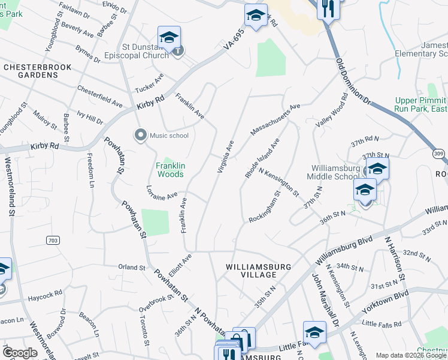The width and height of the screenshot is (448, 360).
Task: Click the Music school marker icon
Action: coord(141,135)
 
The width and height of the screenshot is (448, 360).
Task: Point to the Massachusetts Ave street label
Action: coord(275,119)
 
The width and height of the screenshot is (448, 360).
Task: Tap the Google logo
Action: coord(20,353)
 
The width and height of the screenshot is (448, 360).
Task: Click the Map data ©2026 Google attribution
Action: coord(410,355)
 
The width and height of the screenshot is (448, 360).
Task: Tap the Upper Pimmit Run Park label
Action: coord(421,105)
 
